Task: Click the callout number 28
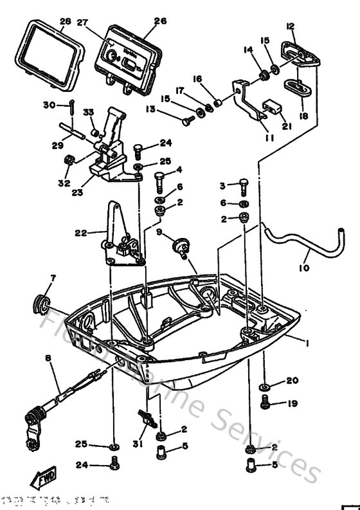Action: point(64,21)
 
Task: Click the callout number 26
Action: point(160,21)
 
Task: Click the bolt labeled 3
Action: point(243,187)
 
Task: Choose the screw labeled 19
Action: point(265,404)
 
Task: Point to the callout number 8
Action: point(47,357)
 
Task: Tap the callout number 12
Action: point(291,26)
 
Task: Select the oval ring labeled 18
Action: point(296,87)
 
